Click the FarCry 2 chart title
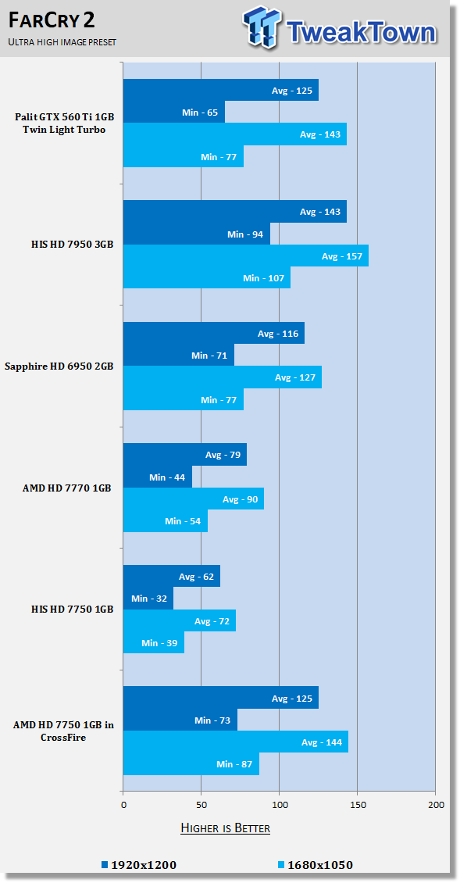pyautogui.click(x=52, y=20)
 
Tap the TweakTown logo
pyautogui.click(x=340, y=27)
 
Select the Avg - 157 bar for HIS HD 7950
pyautogui.click(x=246, y=256)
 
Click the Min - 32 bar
pyautogui.click(x=148, y=598)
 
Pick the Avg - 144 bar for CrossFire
pyautogui.click(x=236, y=742)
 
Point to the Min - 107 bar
pyautogui.click(x=207, y=277)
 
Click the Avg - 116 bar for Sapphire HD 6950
pyautogui.click(x=214, y=333)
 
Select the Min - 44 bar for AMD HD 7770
pyautogui.click(x=158, y=477)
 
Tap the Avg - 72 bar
pyautogui.click(x=180, y=620)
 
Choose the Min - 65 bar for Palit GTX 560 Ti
pyautogui.click(x=174, y=112)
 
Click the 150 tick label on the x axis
pyautogui.click(x=357, y=804)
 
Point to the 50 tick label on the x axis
pyautogui.click(x=201, y=804)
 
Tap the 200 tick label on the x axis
pyautogui.click(x=435, y=804)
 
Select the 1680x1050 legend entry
pyautogui.click(x=316, y=864)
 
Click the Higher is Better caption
pyautogui.click(x=225, y=828)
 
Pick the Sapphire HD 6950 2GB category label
pyautogui.click(x=59, y=366)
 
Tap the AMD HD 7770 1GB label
pyautogui.click(x=67, y=488)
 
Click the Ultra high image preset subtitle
pyautogui.click(x=62, y=42)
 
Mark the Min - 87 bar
pyautogui.click(x=191, y=763)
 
